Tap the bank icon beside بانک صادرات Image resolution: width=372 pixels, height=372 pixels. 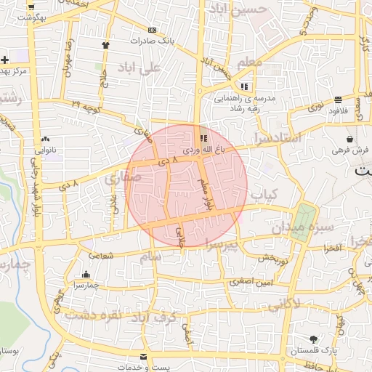click(x=151, y=31)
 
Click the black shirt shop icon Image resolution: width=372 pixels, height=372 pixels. click(x=107, y=44)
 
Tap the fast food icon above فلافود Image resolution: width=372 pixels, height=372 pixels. click(x=339, y=100)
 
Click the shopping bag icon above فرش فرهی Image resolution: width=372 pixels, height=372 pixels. click(x=350, y=138)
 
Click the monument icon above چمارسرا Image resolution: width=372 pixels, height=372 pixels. click(x=86, y=275)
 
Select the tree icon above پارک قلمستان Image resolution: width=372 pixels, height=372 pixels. click(x=313, y=339)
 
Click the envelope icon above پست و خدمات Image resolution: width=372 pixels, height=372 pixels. click(x=143, y=356)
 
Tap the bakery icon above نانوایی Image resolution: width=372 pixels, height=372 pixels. click(x=45, y=138)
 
